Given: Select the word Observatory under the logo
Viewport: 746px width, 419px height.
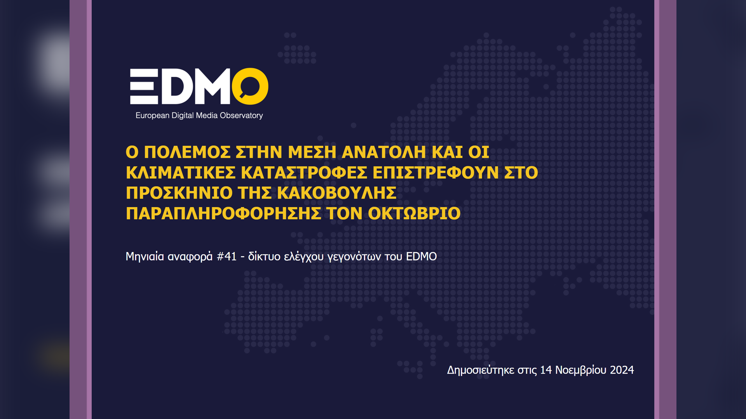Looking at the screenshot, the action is pos(241,116).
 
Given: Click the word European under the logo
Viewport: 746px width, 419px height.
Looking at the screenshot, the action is pos(152,116).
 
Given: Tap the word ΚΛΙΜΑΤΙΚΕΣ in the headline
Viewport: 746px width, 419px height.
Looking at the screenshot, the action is pos(181,173).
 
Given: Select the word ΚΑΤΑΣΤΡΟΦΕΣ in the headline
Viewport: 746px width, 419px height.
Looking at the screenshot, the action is pos(304,173).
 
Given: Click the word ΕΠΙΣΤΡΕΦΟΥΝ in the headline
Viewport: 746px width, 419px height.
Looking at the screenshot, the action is pos(436,173).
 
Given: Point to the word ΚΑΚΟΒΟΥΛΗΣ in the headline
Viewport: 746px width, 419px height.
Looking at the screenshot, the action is pos(336,193).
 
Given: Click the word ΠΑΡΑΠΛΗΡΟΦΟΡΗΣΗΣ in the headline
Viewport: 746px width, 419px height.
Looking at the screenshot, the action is pos(223,213).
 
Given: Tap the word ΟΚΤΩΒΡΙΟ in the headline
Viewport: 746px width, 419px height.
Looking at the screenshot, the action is pos(414,213).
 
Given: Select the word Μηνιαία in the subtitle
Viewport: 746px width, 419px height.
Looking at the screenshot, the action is pos(145,256).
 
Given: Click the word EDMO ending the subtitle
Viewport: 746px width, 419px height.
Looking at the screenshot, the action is pos(421,256).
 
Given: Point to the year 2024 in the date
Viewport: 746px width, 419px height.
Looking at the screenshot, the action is pos(622,370).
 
